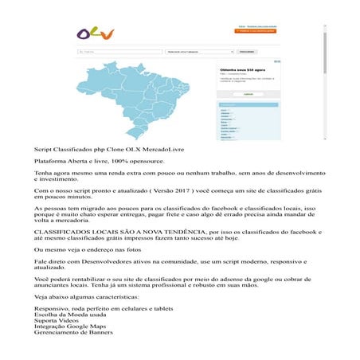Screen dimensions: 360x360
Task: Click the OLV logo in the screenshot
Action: pos(96,33)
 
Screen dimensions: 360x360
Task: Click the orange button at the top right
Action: pos(256,33)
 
